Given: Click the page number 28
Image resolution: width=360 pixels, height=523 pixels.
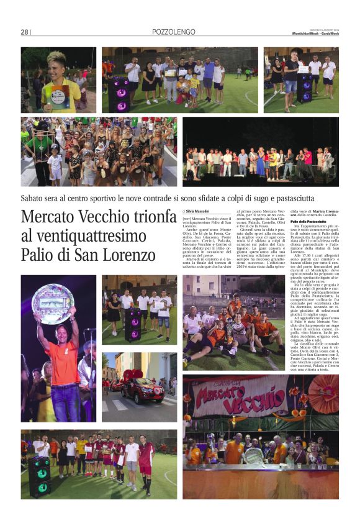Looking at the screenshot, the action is (25, 32).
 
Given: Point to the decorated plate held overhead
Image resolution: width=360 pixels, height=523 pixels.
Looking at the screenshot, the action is (53, 303).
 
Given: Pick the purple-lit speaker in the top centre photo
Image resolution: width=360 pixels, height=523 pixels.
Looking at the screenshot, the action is (119, 93).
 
